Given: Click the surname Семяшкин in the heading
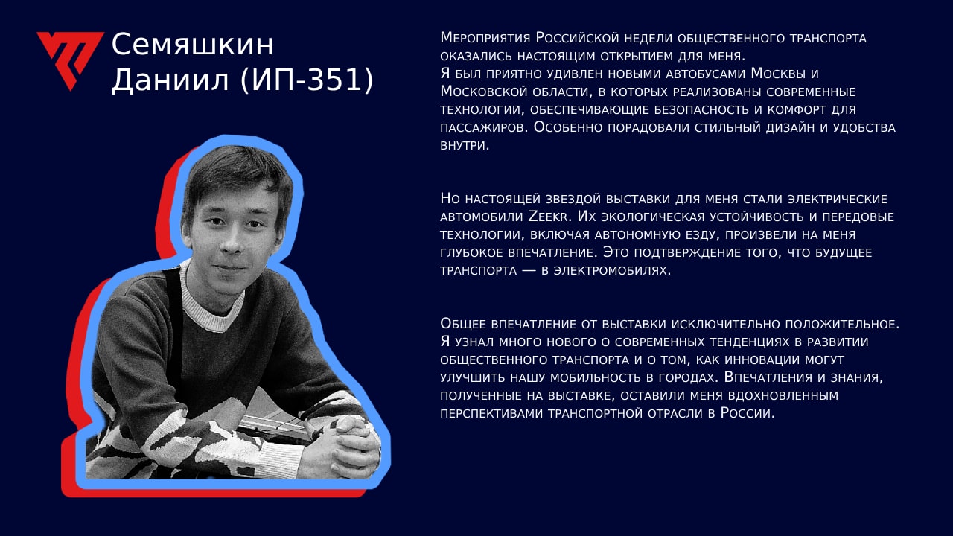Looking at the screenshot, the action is pos(192,45).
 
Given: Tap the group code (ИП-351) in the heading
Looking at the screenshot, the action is pos(307,80).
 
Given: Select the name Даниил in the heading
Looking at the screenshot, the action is pos(170,80).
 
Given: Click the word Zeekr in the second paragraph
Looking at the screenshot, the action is pos(549,217).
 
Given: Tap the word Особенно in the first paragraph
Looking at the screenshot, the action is pos(567,127).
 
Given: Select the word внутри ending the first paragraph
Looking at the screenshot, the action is pos(465,145).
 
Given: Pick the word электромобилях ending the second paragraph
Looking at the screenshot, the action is pos(612,270).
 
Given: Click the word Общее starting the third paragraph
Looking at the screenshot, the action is pos(463,323).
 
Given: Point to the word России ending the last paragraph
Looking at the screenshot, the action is pos(748,413).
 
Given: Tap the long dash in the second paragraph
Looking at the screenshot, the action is pos(529,271).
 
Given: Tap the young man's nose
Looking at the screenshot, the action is pos(233,241).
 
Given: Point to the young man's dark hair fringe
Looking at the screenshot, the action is pos(234,179).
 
